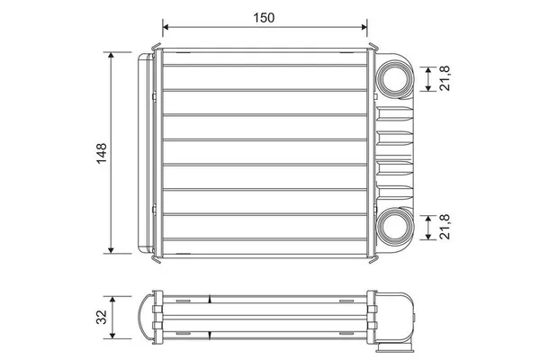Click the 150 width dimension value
tap(264, 18)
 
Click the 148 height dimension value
tap(102, 153)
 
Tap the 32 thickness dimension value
tap(102, 317)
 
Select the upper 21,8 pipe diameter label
tap(445, 78)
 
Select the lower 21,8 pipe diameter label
tap(445, 227)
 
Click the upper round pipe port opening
tap(395, 79)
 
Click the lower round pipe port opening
tap(395, 228)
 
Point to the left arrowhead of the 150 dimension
tap(166, 27)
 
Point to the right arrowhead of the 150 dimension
tap(364, 27)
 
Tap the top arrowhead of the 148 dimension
tap(111, 55)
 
